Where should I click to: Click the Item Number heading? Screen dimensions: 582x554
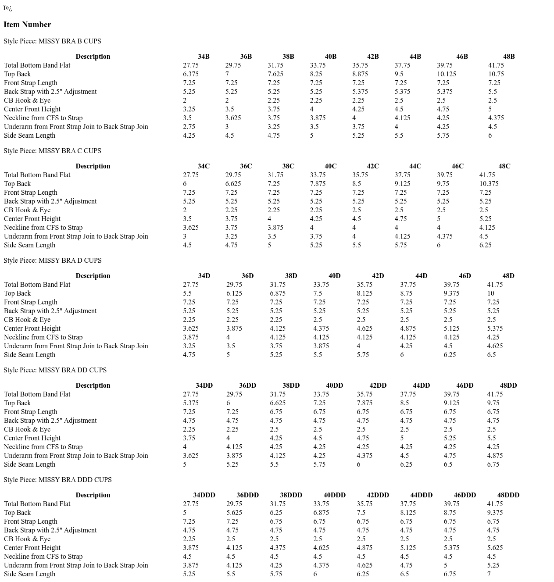(27, 25)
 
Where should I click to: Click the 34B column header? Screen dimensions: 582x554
(204, 57)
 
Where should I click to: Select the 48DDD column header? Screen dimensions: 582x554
(508, 495)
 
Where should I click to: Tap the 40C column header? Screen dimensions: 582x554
(330, 166)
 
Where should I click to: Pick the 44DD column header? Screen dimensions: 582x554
(421, 386)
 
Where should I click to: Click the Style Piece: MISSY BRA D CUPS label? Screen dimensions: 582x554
(53, 261)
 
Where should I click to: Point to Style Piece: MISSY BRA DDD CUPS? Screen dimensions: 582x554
(57, 480)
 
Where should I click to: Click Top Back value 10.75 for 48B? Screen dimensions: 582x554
(496, 74)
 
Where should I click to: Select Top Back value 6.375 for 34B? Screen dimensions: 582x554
(191, 74)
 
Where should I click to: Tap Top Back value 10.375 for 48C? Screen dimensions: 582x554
(489, 184)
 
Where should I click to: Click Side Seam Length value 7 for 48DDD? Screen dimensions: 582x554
(489, 574)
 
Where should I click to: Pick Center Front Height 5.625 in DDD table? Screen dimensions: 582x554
(495, 548)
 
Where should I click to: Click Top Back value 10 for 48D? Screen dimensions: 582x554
(490, 293)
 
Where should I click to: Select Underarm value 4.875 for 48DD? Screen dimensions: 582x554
(495, 456)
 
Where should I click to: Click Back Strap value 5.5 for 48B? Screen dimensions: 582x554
(493, 92)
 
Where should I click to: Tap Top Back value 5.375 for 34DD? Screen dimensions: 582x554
(191, 403)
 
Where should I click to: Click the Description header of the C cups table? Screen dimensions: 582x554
(93, 166)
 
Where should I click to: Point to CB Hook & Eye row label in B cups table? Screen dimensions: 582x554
(27, 100)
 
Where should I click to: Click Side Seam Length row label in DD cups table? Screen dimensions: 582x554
(29, 464)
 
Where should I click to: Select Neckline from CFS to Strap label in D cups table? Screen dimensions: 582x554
(43, 337)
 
